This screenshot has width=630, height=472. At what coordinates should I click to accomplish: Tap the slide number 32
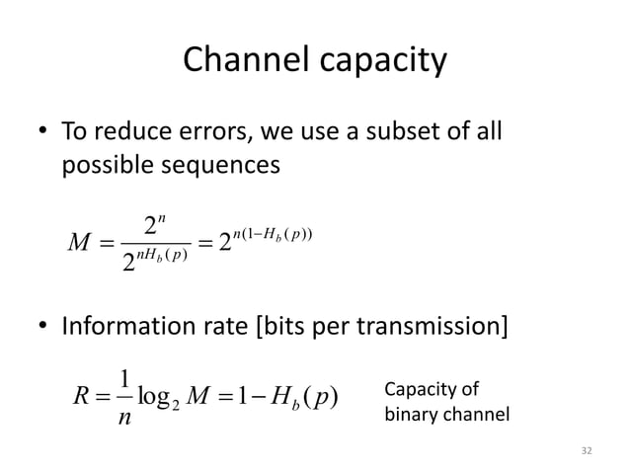tap(590, 451)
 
